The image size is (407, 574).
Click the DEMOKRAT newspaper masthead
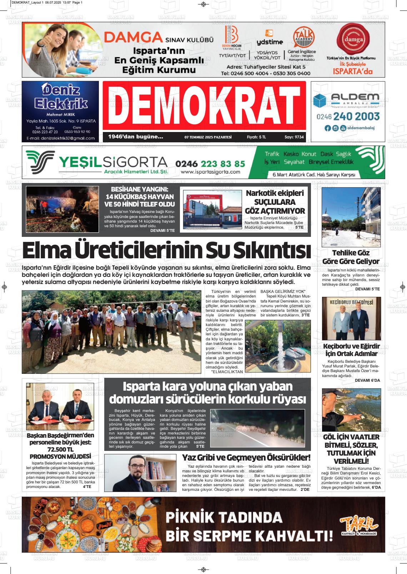coord(204,105)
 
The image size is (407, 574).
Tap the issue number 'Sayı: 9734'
coord(294,137)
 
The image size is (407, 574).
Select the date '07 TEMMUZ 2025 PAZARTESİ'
coord(208,137)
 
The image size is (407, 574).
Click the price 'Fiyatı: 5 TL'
coord(256,137)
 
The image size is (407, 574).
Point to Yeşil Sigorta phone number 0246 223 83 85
coord(210,163)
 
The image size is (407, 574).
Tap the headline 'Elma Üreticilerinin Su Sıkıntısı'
coord(166,251)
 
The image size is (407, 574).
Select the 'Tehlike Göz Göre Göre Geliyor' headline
coord(351,257)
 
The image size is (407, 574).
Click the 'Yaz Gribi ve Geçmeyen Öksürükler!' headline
coord(246,457)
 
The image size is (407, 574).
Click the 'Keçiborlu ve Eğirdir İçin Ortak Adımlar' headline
coord(351,350)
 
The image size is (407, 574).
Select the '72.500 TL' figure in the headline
coord(60,449)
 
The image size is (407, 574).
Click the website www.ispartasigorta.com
coord(210,172)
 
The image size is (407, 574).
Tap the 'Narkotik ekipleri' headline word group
coord(275,193)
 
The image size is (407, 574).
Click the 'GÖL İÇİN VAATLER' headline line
coord(351,437)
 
